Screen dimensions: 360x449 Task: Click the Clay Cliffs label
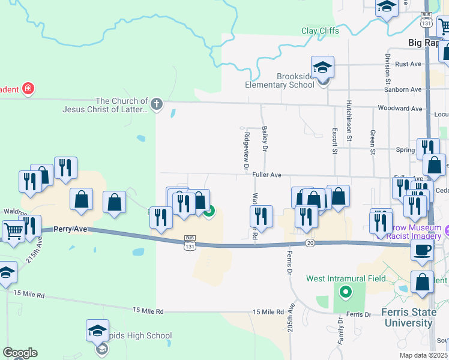tap(320, 31)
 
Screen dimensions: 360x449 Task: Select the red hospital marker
tap(28, 89)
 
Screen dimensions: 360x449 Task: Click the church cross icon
tap(157, 104)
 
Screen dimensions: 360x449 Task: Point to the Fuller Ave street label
tap(267, 175)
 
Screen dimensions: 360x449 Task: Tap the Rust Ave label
tap(408, 64)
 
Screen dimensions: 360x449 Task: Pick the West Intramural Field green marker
tap(345, 293)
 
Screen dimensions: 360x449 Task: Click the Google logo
tap(20, 353)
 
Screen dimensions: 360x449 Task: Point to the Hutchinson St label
tap(349, 121)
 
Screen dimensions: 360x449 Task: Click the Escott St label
tap(335, 139)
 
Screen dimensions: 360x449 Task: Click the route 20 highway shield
tap(310, 242)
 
